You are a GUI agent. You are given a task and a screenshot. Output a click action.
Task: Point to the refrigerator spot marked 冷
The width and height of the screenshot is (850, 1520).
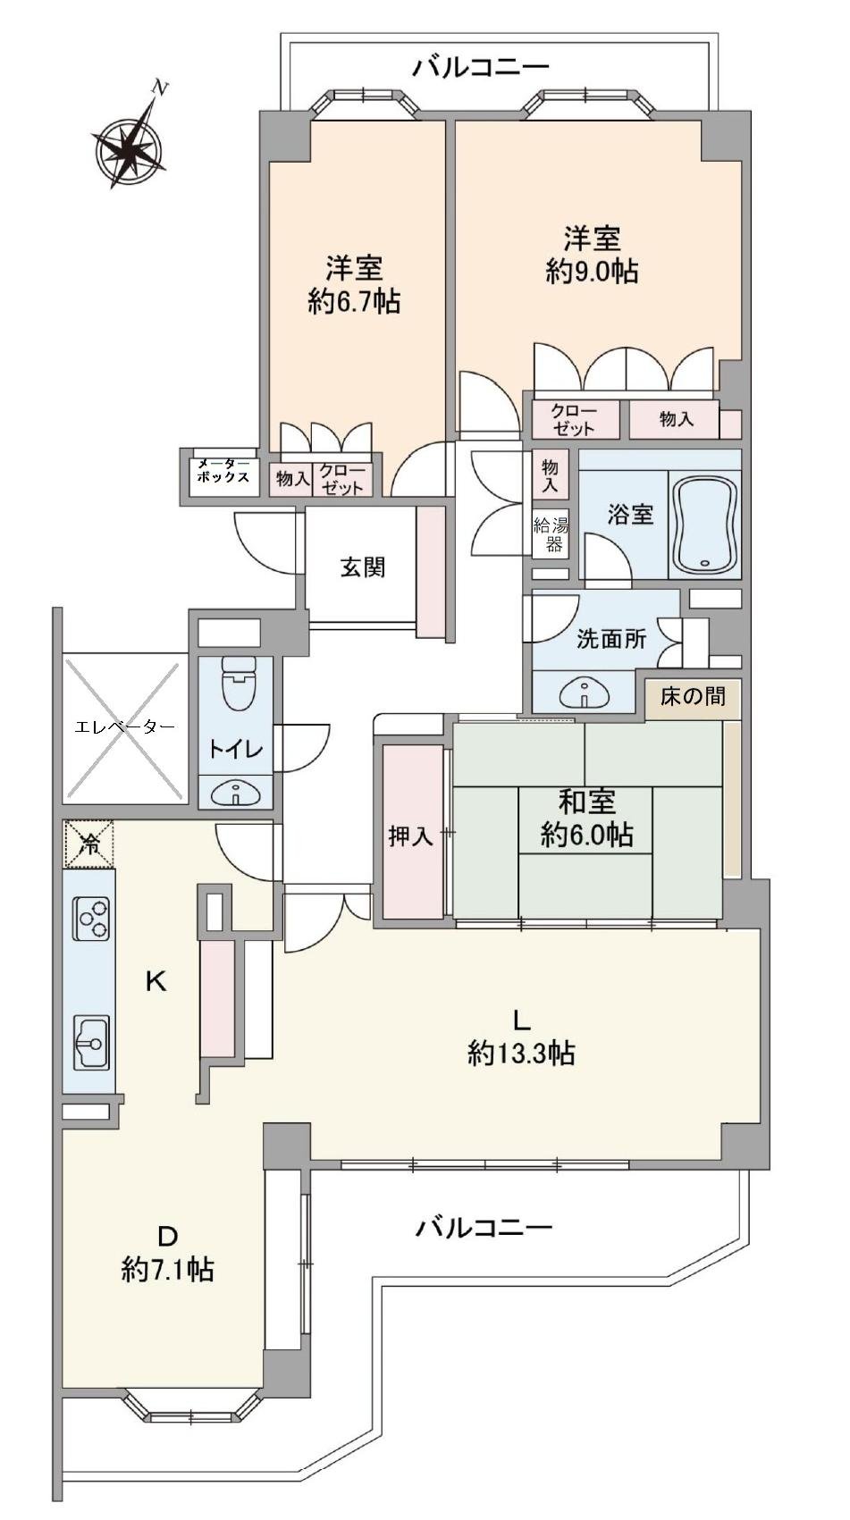click(89, 844)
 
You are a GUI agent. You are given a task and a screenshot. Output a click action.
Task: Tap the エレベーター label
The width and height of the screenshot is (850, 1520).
click(124, 726)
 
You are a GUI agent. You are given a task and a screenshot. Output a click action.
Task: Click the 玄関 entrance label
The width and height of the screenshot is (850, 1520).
click(362, 567)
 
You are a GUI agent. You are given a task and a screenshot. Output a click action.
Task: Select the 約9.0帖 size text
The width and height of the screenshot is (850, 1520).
click(592, 272)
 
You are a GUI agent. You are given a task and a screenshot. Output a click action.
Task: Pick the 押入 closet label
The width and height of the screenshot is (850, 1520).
click(410, 836)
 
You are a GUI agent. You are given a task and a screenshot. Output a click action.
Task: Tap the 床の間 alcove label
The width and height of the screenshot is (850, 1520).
click(693, 696)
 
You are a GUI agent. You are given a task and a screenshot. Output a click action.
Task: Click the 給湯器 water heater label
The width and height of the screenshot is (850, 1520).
click(550, 533)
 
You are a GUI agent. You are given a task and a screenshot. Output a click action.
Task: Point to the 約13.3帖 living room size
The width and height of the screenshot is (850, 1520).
click(520, 1054)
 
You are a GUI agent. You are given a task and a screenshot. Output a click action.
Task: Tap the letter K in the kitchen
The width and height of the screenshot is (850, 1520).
click(156, 982)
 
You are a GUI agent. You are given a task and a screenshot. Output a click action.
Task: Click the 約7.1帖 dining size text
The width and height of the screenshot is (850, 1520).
click(167, 1269)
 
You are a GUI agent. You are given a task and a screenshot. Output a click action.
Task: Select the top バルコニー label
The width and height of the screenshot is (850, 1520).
click(481, 67)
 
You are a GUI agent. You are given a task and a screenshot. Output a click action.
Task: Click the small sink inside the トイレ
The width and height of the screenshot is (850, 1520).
click(237, 792)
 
